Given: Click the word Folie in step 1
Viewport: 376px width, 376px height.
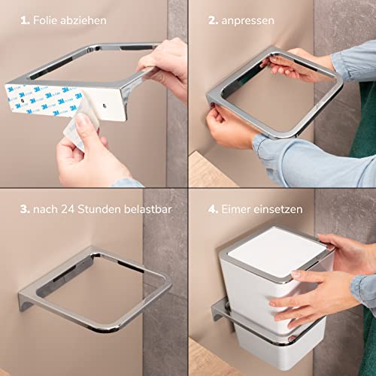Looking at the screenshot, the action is (45, 20).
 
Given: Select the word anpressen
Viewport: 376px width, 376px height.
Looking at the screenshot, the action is (248, 21).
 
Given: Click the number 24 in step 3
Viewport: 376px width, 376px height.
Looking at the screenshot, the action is (68, 209).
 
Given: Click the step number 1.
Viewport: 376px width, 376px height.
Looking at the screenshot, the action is (25, 20).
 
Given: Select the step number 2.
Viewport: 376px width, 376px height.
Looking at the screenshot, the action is (213, 20).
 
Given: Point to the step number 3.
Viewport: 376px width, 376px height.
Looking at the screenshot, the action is (25, 209).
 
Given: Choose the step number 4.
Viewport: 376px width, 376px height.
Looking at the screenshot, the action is (214, 209).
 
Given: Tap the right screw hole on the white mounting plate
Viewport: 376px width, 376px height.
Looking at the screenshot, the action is (105, 106).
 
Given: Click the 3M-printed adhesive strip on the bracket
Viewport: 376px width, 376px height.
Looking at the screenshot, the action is (43, 100).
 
